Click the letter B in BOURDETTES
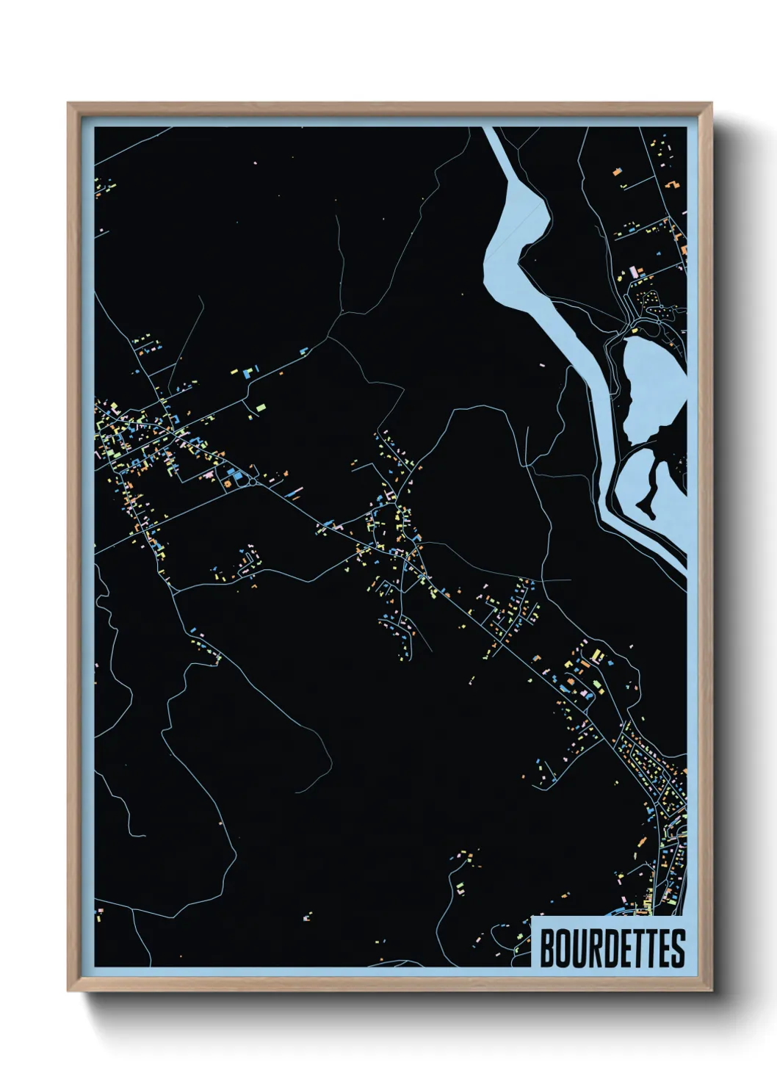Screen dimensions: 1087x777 click(549, 949)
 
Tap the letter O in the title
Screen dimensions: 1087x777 click(565, 949)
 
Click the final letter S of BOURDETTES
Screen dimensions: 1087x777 click(678, 949)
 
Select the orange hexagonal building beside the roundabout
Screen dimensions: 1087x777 click(227, 483)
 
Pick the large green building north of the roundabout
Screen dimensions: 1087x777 click(259, 405)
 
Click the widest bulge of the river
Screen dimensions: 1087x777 click(518, 220)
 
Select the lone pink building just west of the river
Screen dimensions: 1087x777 click(542, 364)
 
